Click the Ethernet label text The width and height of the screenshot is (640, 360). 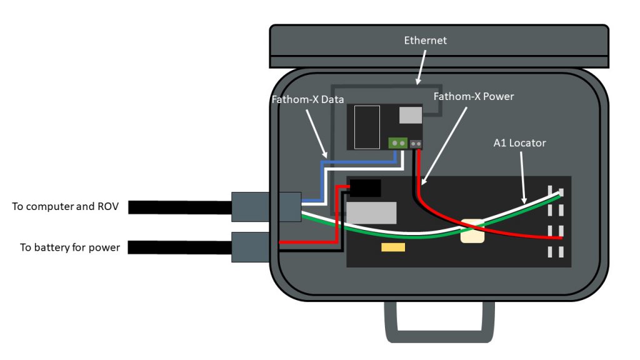(x=426, y=41)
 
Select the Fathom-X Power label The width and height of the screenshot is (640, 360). (x=473, y=96)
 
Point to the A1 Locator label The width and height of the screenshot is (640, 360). (x=519, y=143)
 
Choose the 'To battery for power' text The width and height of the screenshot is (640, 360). (x=70, y=247)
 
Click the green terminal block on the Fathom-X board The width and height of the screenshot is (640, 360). (x=397, y=143)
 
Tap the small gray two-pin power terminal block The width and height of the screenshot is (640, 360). (x=415, y=144)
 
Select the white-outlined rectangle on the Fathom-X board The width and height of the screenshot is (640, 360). (x=366, y=127)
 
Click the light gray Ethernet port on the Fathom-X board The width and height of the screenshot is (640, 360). (x=411, y=115)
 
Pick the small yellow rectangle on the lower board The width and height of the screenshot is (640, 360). (x=393, y=247)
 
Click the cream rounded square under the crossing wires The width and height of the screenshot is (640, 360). (x=472, y=231)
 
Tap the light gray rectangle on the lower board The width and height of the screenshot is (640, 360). (x=371, y=213)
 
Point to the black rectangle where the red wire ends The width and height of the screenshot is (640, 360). (x=366, y=187)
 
